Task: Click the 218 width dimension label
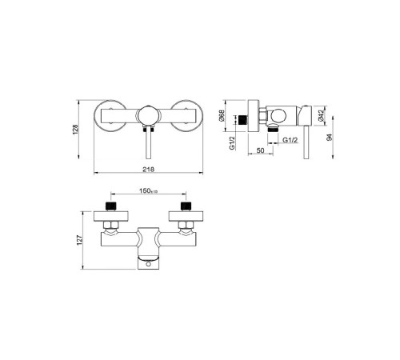pyautogui.click(x=148, y=169)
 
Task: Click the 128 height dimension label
pyautogui.click(x=75, y=129)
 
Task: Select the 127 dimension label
pyautogui.click(x=80, y=240)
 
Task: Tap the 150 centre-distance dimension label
pyautogui.click(x=149, y=190)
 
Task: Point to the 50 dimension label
pyautogui.click(x=260, y=150)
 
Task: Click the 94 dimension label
pyautogui.click(x=330, y=138)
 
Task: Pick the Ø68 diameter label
pyautogui.click(x=222, y=115)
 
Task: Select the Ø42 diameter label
pyautogui.click(x=321, y=115)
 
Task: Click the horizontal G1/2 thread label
pyautogui.click(x=290, y=140)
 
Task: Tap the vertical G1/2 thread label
pyautogui.click(x=233, y=143)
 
